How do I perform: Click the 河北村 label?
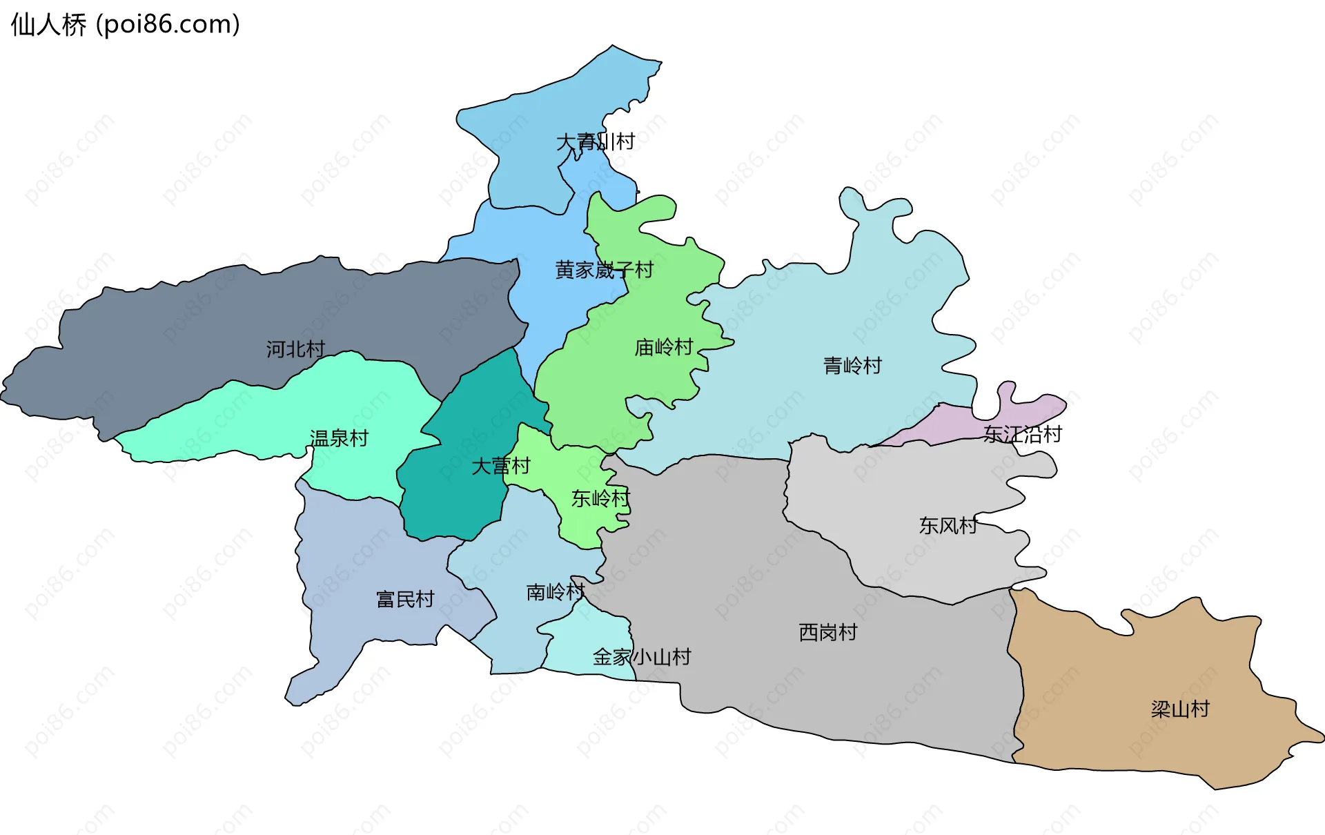pyautogui.click(x=295, y=349)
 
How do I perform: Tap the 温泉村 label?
pyautogui.click(x=339, y=438)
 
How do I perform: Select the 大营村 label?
pyautogui.click(x=500, y=466)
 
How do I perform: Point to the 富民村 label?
pyautogui.click(x=405, y=599)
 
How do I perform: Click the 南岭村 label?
pyautogui.click(x=556, y=592)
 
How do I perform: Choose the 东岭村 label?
pyautogui.click(x=600, y=498)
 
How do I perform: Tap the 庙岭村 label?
pyautogui.click(x=663, y=347)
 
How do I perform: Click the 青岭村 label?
pyautogui.click(x=852, y=366)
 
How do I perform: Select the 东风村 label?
pyautogui.click(x=948, y=526)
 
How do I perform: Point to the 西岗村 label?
pyautogui.click(x=827, y=632)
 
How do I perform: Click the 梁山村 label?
pyautogui.click(x=1180, y=709)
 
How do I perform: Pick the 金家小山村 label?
pyautogui.click(x=641, y=657)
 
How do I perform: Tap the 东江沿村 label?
pyautogui.click(x=1022, y=435)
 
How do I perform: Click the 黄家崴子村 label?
pyautogui.click(x=604, y=270)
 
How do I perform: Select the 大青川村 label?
pyautogui.click(x=595, y=142)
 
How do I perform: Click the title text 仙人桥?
pyautogui.click(x=48, y=25)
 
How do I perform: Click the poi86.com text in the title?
pyautogui.click(x=168, y=25)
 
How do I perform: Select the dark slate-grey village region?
pyautogui.click(x=207, y=324)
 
